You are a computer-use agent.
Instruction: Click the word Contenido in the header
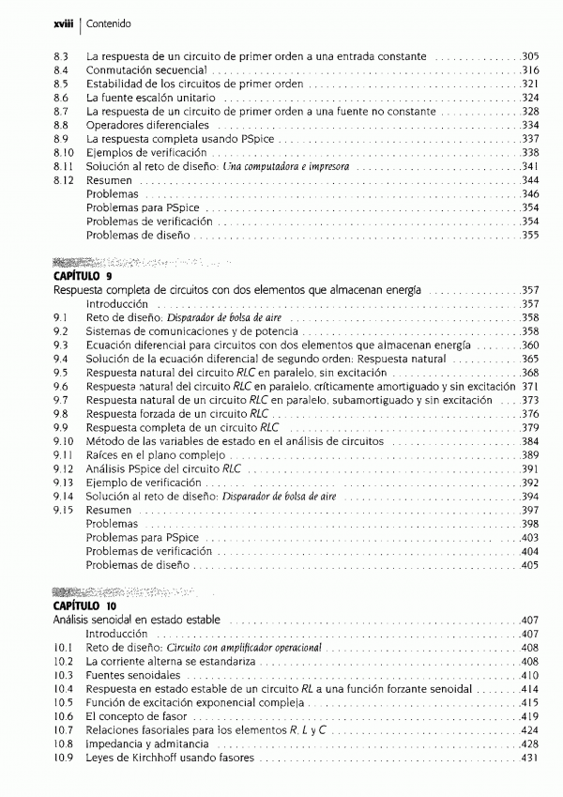[85, 22]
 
